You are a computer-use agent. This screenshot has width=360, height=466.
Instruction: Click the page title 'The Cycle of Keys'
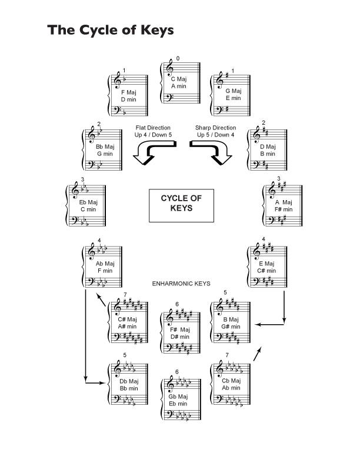(x=111, y=29)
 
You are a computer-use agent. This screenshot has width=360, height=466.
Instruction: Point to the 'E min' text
(x=234, y=98)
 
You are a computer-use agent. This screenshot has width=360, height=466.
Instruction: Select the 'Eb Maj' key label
(x=87, y=202)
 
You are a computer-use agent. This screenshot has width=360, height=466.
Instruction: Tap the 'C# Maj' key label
(x=126, y=319)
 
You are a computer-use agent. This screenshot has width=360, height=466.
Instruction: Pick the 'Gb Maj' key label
(x=178, y=396)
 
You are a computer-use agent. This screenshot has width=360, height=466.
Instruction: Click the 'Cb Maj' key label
(x=231, y=380)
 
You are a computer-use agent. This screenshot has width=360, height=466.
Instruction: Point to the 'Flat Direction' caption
(x=153, y=128)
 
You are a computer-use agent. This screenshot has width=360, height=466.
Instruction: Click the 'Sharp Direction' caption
(x=215, y=128)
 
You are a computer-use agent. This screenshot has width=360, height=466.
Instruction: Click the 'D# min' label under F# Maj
(x=180, y=337)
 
